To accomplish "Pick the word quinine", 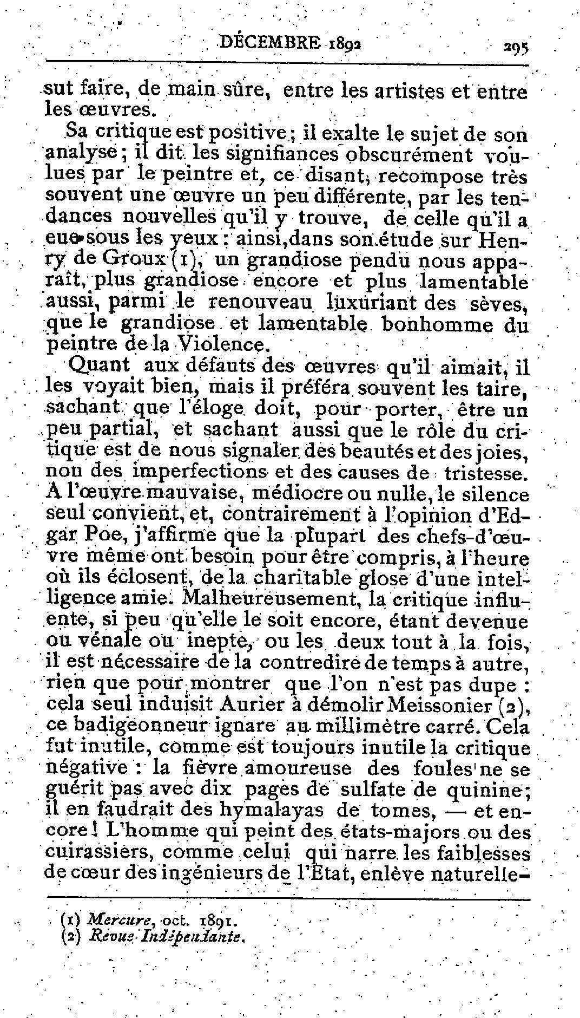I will (486, 790).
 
